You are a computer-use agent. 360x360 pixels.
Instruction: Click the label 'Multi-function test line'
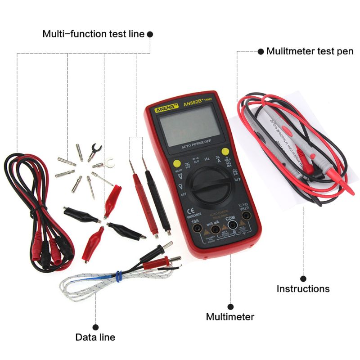94,34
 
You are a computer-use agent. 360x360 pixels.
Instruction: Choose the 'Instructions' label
303,289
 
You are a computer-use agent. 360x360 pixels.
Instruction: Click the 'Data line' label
95,337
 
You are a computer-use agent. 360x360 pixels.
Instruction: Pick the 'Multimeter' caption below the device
230,317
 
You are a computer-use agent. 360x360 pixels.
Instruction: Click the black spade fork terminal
94,149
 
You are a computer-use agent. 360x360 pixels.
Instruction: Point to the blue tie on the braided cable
118,275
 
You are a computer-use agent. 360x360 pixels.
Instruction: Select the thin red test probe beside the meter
143,198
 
